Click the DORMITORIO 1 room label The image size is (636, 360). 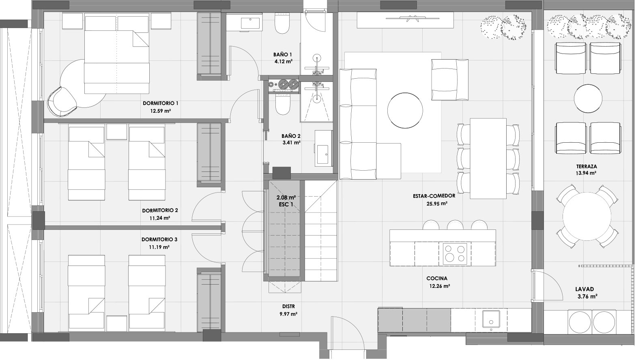click(160, 103)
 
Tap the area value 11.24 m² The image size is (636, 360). click(159, 218)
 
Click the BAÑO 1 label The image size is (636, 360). click(283, 54)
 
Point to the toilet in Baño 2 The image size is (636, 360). click(282, 105)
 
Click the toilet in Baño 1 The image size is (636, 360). click(282, 24)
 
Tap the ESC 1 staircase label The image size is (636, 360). click(286, 204)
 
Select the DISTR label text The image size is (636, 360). click(288, 306)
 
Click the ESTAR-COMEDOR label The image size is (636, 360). click(434, 196)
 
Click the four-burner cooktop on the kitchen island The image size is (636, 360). click(454, 253)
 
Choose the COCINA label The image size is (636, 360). click(437, 279)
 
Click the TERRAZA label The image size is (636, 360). click(587, 166)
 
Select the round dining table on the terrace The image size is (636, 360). click(587, 216)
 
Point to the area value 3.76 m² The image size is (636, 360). click(587, 296)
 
